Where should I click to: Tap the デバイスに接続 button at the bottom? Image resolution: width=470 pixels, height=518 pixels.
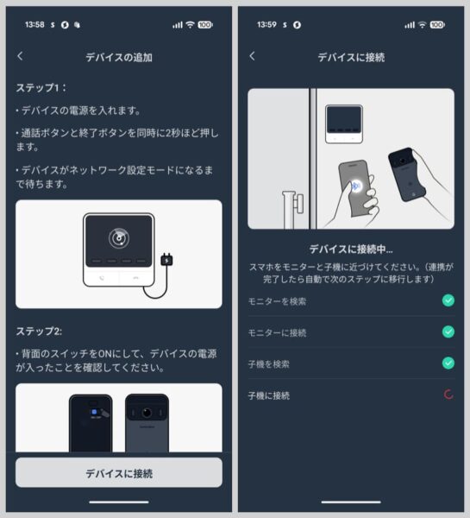point(119,472)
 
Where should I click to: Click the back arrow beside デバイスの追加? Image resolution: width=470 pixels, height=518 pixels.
point(20,56)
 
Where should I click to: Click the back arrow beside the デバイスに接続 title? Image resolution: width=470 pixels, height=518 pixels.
point(252,56)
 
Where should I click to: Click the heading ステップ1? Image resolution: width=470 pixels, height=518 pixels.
point(41,88)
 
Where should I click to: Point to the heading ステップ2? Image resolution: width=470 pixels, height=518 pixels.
point(39,331)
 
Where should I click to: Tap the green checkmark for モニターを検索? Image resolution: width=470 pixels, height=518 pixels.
point(448,300)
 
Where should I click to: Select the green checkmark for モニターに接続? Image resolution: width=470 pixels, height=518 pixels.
point(448,332)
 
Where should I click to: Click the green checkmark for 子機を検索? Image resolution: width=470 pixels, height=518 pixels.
point(448,363)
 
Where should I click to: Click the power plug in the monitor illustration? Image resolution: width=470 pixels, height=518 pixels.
point(166,260)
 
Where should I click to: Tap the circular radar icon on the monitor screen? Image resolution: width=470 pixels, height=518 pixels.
point(119,238)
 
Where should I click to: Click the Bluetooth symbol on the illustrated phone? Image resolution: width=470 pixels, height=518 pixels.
point(356,186)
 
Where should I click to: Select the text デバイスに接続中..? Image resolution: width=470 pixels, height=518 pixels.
point(351,250)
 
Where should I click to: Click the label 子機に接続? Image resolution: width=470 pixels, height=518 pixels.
point(269,395)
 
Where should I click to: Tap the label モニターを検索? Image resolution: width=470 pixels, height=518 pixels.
point(277,301)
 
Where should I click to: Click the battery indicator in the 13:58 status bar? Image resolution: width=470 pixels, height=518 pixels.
point(205,25)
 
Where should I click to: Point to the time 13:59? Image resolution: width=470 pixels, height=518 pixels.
point(266,24)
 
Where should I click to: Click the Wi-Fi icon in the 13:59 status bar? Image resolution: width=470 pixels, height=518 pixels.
point(423,25)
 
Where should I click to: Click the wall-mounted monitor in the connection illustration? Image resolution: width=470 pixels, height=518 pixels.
point(344,123)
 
